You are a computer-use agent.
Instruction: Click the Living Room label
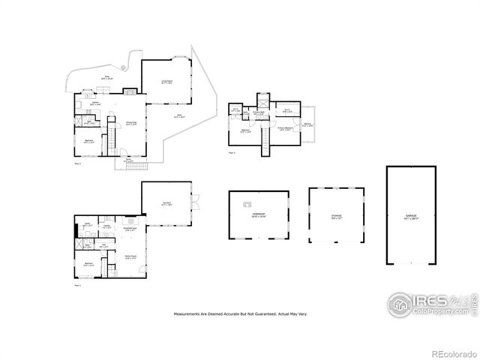coord(166,81)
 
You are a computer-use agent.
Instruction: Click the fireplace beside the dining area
coord(130,91)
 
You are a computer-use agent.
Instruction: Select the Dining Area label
coord(130,124)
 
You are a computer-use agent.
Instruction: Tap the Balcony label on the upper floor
coord(307,124)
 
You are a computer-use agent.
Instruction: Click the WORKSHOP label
coord(259,214)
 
